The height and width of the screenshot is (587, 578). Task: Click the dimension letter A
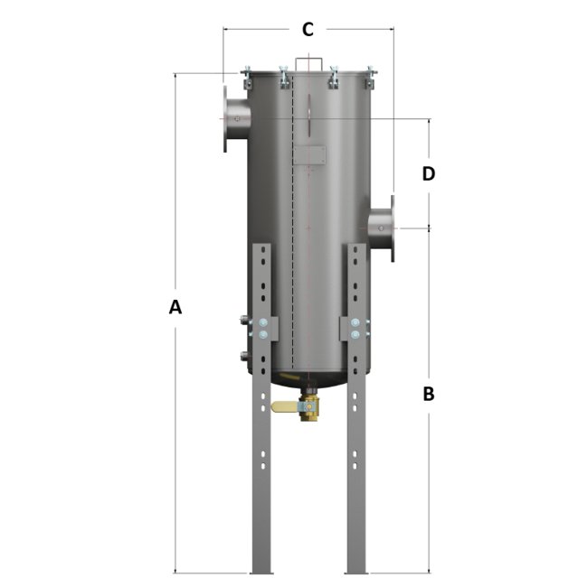tap(175, 307)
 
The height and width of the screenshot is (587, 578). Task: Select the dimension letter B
tap(429, 394)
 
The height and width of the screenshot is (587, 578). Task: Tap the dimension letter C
tap(308, 30)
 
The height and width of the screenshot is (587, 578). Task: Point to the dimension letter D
tap(429, 173)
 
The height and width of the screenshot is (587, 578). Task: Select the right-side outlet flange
tap(390, 228)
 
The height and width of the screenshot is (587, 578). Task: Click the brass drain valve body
tap(310, 408)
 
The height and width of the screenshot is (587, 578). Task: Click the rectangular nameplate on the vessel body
tap(313, 155)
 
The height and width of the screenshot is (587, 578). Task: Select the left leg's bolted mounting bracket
tap(261, 329)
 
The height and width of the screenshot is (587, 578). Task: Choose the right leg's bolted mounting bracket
tap(355, 329)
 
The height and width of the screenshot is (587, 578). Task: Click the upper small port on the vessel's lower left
tap(243, 321)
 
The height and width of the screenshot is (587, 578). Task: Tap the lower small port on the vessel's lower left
tap(243, 355)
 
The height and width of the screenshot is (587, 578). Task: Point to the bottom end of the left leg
tap(261, 569)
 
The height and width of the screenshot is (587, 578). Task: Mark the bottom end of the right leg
tap(357, 569)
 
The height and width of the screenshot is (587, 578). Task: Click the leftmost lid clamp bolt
tap(246, 77)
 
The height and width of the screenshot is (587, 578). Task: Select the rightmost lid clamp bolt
tap(369, 77)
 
